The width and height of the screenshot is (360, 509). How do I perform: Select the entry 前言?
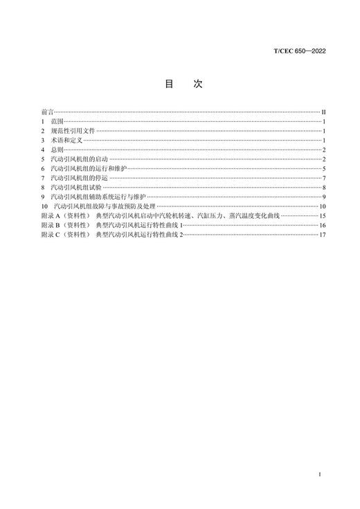47,111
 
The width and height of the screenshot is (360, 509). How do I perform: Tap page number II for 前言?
323,111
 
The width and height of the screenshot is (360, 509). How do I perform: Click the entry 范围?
57,121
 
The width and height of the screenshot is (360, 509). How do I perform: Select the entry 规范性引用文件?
72,131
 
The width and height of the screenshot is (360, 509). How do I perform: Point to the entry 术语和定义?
67,140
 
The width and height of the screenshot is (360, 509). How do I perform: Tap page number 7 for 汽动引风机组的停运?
324,178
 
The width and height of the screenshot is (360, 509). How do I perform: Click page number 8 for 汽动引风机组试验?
324,188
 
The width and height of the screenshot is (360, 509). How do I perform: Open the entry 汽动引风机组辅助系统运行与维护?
100,197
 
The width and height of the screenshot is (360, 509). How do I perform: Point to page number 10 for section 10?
323,206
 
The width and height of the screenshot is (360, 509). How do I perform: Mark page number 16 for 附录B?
323,226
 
